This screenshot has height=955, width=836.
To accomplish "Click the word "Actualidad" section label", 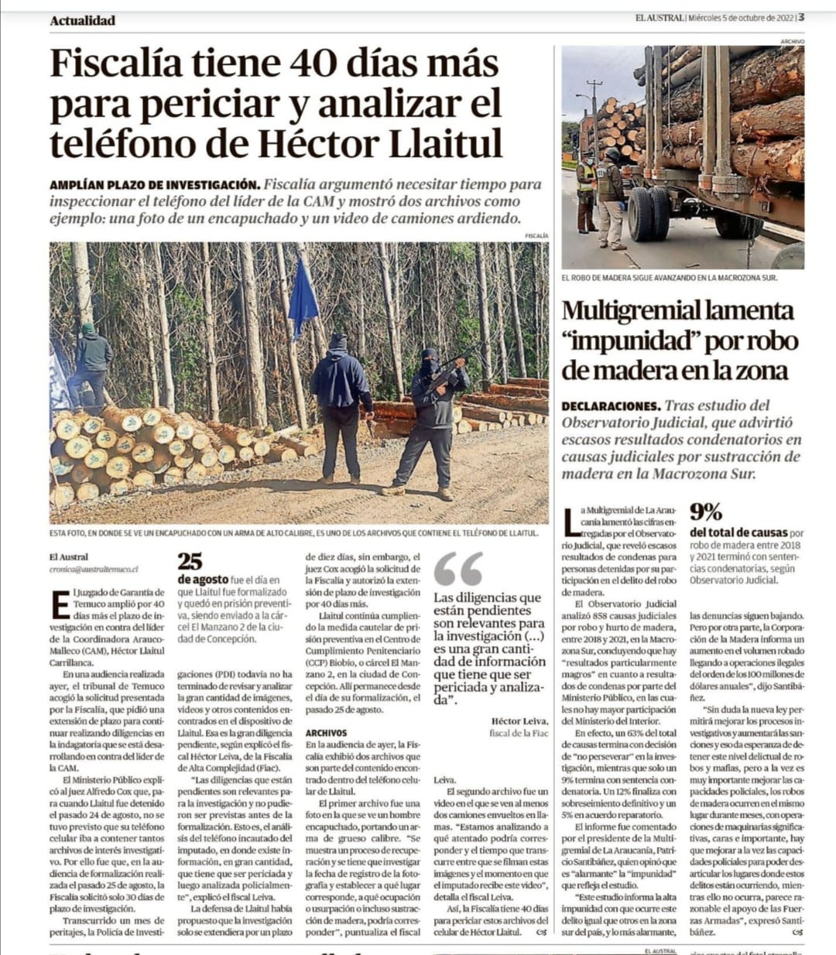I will click(x=82, y=21).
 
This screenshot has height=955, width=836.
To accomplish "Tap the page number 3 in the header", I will click(x=801, y=18).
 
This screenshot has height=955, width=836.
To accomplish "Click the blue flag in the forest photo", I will click(x=303, y=298).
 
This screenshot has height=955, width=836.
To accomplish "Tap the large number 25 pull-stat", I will click(x=190, y=561).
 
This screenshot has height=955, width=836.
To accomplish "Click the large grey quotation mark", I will click(x=458, y=570).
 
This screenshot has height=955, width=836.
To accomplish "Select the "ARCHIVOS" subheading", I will click(x=326, y=732).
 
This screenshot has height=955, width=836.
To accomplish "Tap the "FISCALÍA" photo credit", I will click(x=536, y=235).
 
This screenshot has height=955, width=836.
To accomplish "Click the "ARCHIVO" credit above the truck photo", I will click(x=792, y=41).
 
